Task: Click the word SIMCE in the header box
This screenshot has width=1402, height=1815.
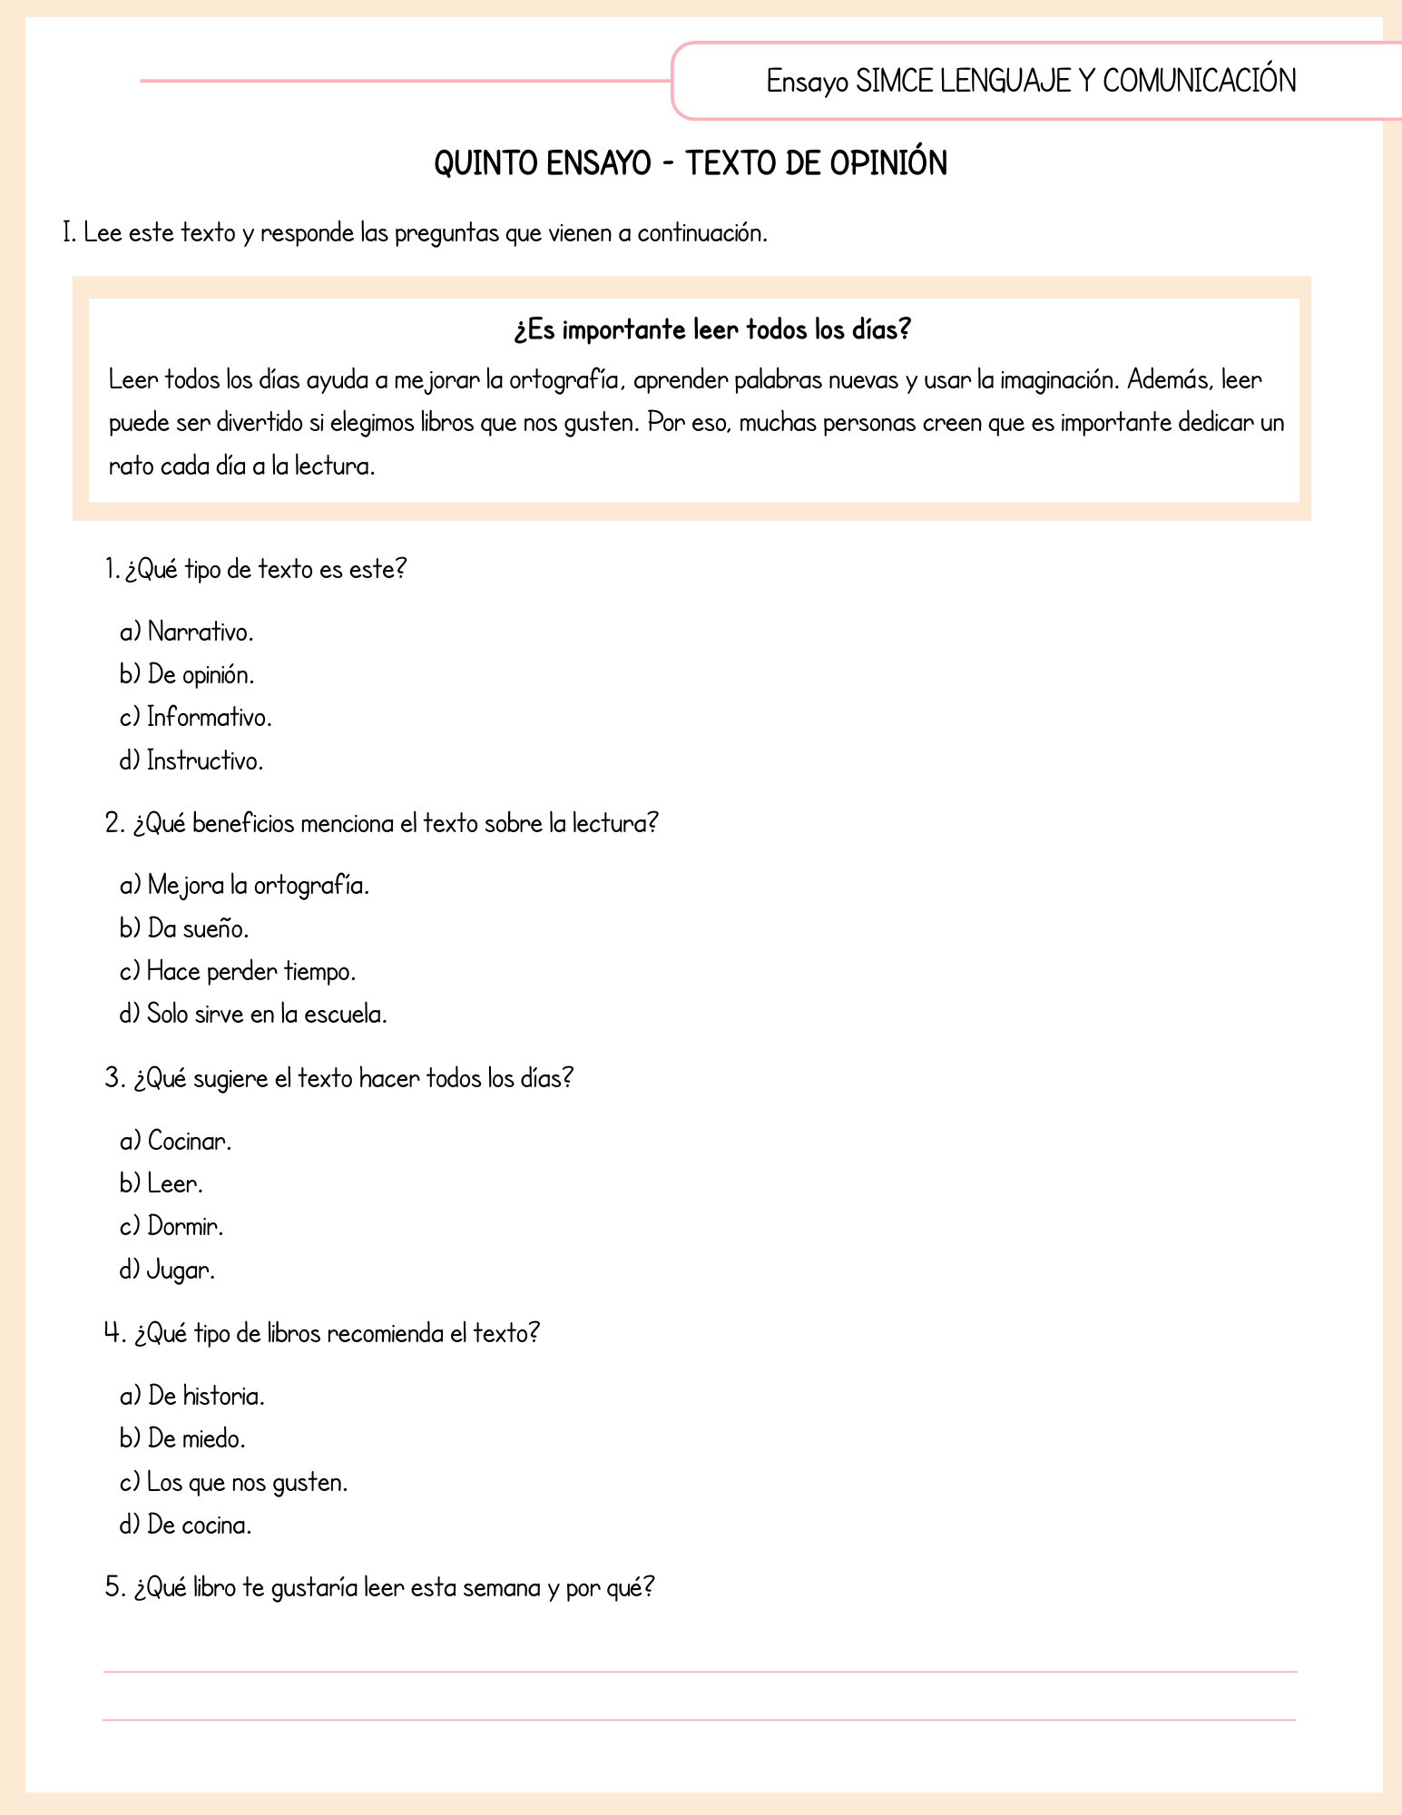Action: pyautogui.click(x=894, y=82)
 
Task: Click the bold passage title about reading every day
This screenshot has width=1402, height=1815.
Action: pyautogui.click(x=711, y=329)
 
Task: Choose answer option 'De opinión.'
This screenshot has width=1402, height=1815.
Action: pyautogui.click(x=201, y=675)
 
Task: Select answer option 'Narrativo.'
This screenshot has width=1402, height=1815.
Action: pyautogui.click(x=200, y=632)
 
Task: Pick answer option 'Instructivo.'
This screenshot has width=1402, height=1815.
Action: pyautogui.click(x=205, y=760)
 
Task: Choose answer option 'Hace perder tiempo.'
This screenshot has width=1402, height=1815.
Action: pyautogui.click(x=251, y=972)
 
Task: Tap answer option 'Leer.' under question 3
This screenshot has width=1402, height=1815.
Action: pyautogui.click(x=175, y=1184)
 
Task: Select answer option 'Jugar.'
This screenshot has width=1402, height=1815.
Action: pyautogui.click(x=181, y=1270)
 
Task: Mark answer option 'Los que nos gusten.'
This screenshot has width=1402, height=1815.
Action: pyautogui.click(x=247, y=1483)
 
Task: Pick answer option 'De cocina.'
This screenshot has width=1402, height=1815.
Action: pyautogui.click(x=199, y=1526)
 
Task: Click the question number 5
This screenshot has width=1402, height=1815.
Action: pyautogui.click(x=113, y=1588)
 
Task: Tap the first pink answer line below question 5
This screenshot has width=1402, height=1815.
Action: pyautogui.click(x=700, y=1672)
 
